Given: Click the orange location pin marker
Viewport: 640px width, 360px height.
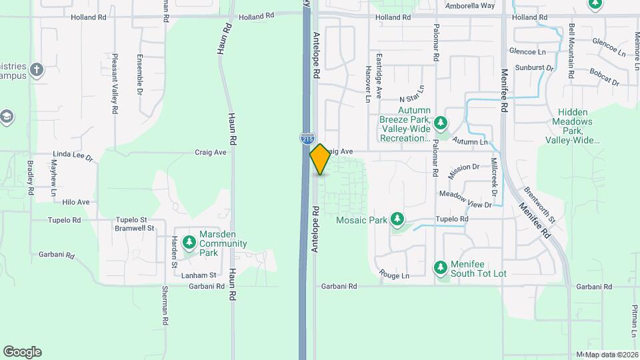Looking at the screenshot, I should click(x=320, y=159).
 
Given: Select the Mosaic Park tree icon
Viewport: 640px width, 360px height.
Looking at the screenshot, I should click(x=397, y=219).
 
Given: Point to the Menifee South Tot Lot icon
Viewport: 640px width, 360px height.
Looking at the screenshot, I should click(x=440, y=268).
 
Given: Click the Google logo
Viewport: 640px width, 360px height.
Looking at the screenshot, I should click(x=22, y=352).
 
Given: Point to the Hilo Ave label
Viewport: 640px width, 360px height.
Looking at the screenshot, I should click(x=75, y=202).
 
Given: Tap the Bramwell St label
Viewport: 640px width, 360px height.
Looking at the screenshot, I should click(x=135, y=228).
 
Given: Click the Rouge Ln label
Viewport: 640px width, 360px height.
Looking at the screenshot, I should click(x=393, y=273).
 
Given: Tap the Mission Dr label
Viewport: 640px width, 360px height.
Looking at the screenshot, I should click(x=464, y=169).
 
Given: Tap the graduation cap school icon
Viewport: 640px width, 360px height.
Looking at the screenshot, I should click(x=7, y=117).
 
